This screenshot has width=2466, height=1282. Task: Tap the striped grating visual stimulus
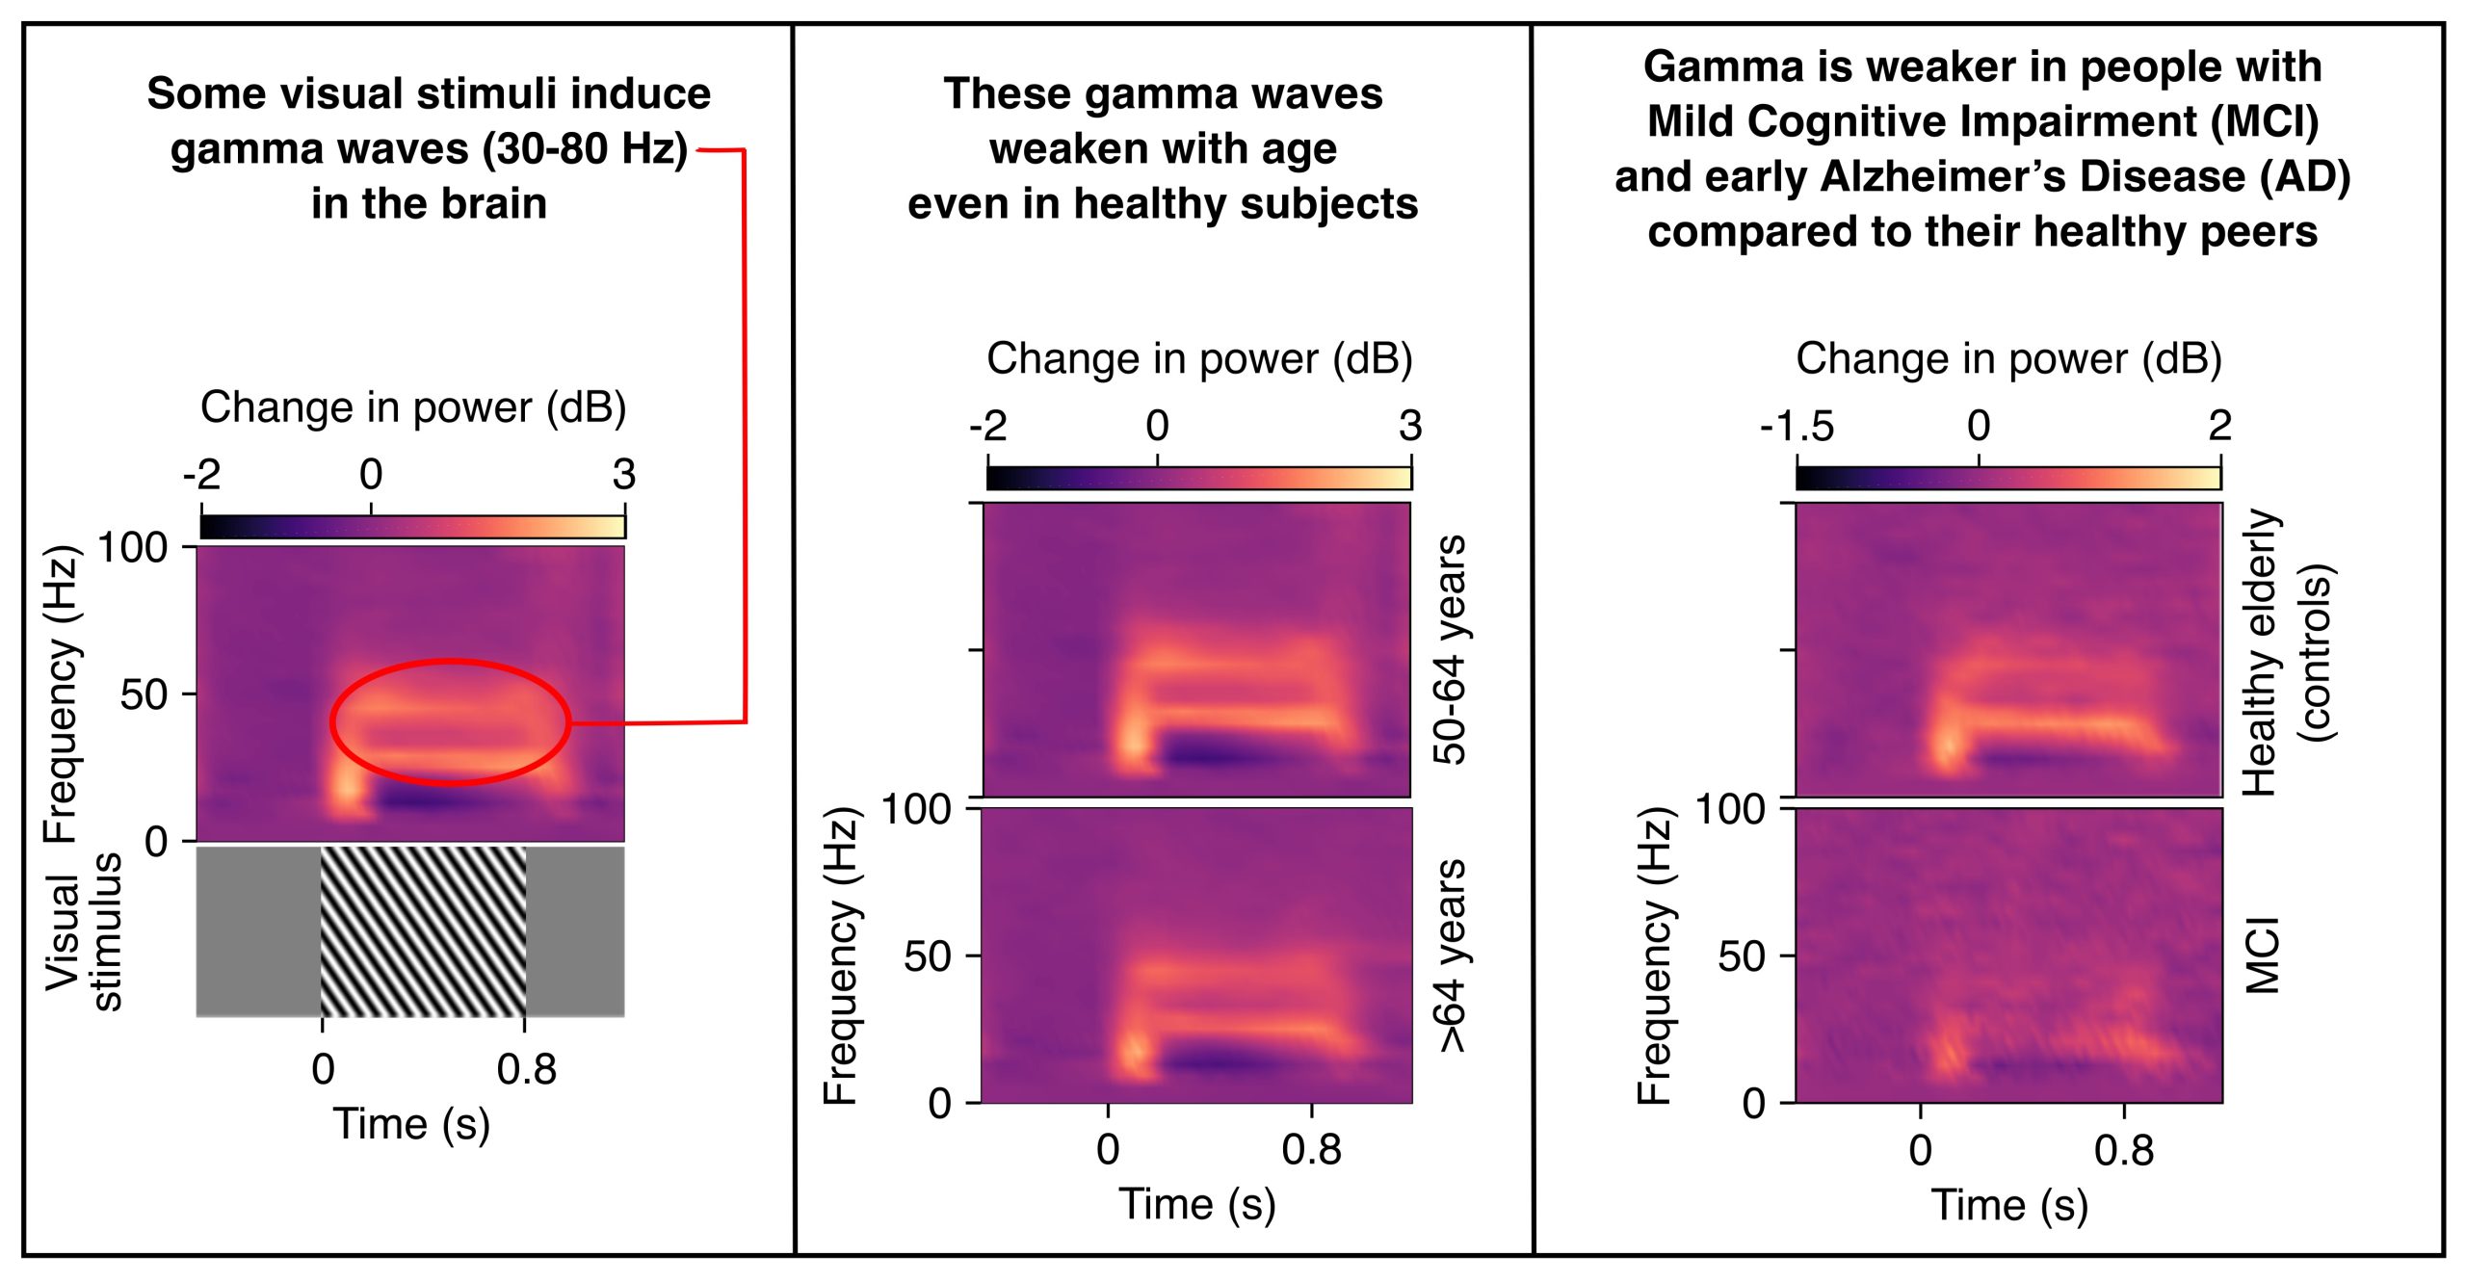[423, 931]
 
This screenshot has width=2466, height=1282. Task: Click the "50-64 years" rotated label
[1450, 650]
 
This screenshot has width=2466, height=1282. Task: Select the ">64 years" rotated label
[1450, 955]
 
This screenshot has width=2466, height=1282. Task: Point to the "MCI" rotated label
[2263, 955]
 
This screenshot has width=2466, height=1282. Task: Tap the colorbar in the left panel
[412, 527]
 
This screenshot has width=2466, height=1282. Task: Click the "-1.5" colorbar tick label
[1797, 426]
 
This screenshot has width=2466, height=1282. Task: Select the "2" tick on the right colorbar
[2219, 426]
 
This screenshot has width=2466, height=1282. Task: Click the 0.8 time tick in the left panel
[526, 1069]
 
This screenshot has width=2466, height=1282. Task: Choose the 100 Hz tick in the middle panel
[916, 809]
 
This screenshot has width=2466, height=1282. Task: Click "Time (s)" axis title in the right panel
[2009, 1205]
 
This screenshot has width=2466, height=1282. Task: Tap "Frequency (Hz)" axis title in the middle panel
[841, 955]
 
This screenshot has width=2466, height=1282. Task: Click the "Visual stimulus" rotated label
[84, 931]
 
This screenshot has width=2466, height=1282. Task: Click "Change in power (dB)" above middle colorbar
[1199, 358]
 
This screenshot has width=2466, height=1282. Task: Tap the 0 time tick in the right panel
[1921, 1150]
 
